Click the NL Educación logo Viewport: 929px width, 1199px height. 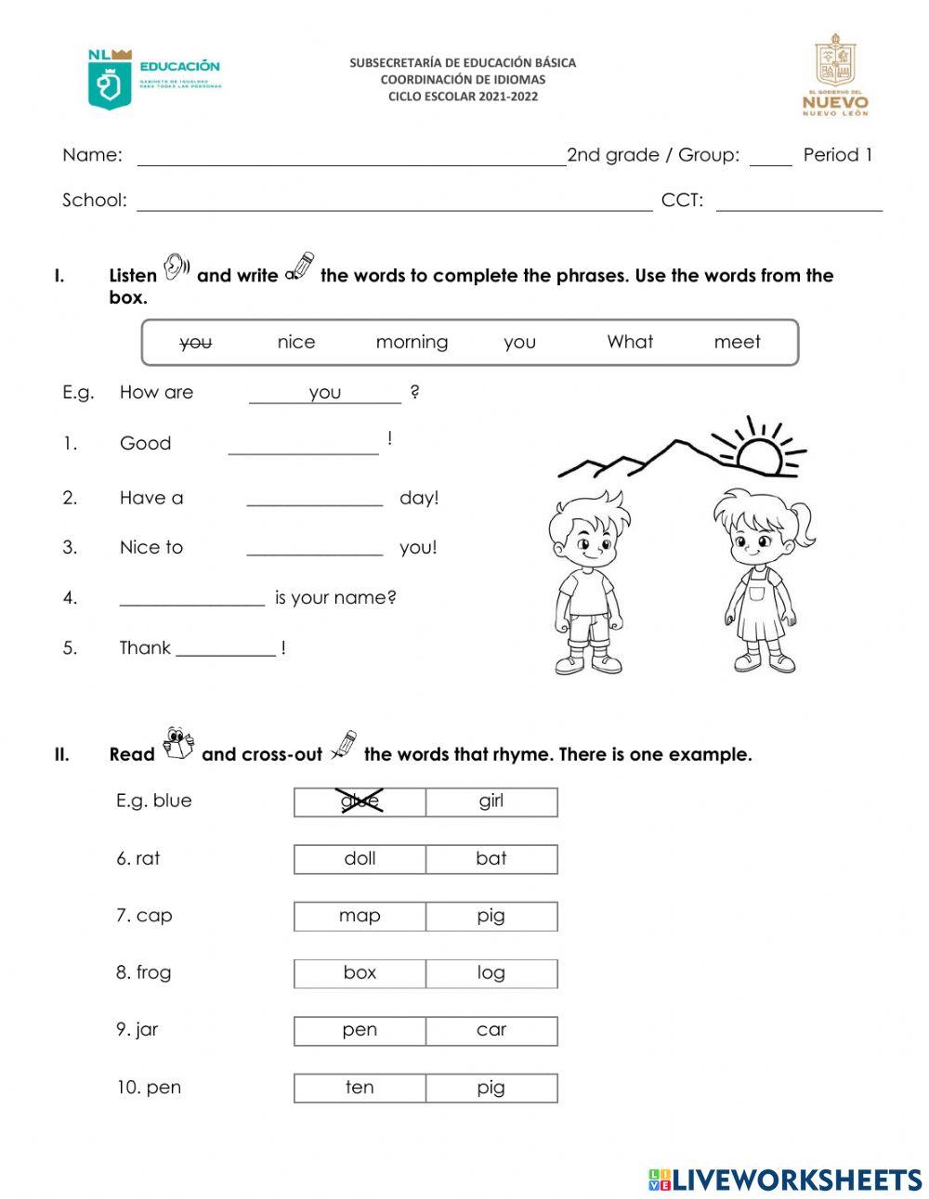point(153,79)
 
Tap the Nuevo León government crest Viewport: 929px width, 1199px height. point(835,75)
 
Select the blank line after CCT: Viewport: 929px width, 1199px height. point(798,204)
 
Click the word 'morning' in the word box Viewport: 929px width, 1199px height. point(412,342)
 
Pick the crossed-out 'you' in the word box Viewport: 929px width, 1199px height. point(195,343)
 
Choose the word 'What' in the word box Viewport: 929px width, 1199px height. point(630,342)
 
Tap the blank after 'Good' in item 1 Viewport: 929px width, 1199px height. point(303,448)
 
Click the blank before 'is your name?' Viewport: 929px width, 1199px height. point(191,599)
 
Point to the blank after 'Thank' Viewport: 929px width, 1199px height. point(226,649)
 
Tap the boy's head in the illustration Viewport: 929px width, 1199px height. point(585,529)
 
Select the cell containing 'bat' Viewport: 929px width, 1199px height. point(491,859)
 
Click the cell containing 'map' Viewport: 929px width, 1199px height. point(360,916)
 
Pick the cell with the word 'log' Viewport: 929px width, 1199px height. point(491,973)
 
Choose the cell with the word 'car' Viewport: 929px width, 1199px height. point(491,1030)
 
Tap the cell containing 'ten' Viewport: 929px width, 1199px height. point(360,1088)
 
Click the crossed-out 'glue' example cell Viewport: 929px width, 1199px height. point(360,802)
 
